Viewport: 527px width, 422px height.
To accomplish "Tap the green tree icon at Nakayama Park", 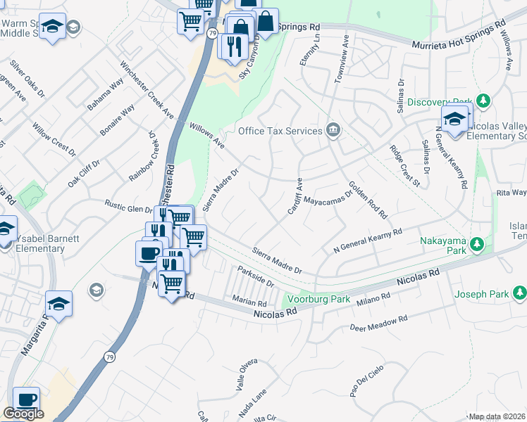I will pos(478,243).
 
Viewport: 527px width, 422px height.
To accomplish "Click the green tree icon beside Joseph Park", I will pos(519,292).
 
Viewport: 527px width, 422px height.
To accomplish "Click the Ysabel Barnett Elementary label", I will pos(40,243).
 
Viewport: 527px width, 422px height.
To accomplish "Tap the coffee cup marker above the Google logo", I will pos(26,399).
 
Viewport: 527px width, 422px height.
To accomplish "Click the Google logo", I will pos(23,414).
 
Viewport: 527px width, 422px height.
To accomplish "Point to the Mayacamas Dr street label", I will pos(328,198).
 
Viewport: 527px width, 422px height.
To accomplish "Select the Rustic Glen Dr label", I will pos(129,207).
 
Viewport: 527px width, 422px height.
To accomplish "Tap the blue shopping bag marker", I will pos(266,20).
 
